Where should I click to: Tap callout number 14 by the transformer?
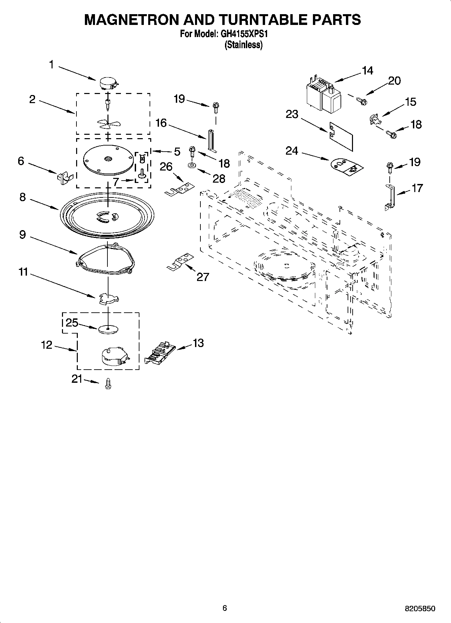click(367, 71)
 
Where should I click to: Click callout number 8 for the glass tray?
click(23, 197)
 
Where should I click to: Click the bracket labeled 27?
click(180, 261)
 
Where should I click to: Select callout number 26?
click(166, 166)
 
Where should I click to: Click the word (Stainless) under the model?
click(244, 45)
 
